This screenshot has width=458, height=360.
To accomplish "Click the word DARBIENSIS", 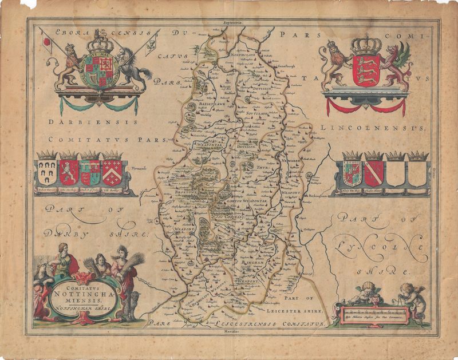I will point(93,121).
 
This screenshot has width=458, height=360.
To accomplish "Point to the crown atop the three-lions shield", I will point(365,43).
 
